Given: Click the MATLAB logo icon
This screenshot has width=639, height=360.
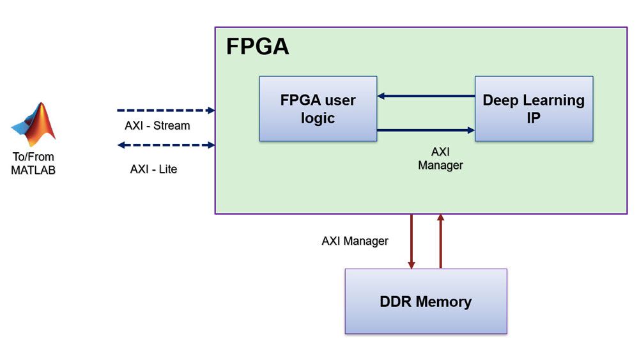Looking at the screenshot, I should click(34, 124).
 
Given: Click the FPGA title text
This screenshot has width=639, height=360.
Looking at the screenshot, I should click(258, 47).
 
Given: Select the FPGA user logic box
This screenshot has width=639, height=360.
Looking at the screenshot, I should click(318, 109).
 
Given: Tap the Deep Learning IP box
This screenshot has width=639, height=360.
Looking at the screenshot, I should click(534, 109).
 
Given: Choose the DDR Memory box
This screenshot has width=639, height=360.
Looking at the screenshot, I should click(426, 301).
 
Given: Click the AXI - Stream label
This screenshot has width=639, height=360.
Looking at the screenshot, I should click(157, 126).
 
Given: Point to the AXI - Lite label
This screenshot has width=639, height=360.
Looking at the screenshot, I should click(153, 169).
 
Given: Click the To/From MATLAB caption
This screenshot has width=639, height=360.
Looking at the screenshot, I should click(33, 164).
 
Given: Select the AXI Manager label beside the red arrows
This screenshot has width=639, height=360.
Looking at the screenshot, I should click(355, 241).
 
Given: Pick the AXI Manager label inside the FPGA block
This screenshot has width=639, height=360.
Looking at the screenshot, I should click(440, 159).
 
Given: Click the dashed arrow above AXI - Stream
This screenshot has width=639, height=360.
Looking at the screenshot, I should click(166, 111).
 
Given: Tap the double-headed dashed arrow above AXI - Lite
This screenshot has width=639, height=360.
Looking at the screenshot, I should click(166, 145).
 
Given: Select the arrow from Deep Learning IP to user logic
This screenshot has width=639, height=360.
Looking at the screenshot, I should click(426, 97).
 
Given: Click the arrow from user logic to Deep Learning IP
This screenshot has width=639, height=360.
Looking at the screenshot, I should click(426, 130).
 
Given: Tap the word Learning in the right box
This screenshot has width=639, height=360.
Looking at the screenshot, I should click(557, 100).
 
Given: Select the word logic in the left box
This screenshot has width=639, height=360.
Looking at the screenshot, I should click(318, 118).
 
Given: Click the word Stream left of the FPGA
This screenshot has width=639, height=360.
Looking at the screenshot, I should click(172, 126).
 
